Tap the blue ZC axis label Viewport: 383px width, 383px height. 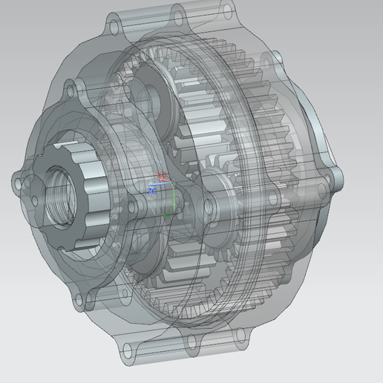[x=151, y=191]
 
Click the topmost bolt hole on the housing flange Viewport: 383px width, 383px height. [x=177, y=13]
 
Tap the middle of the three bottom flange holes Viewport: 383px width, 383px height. [x=191, y=341]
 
